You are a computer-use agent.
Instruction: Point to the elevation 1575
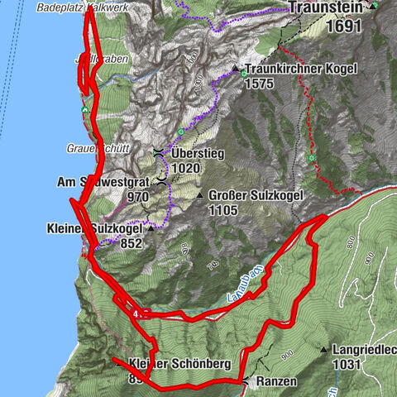click(x=266, y=85)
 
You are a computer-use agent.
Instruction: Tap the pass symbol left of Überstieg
click(x=158, y=153)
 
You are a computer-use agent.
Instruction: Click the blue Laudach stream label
click(x=242, y=283)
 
